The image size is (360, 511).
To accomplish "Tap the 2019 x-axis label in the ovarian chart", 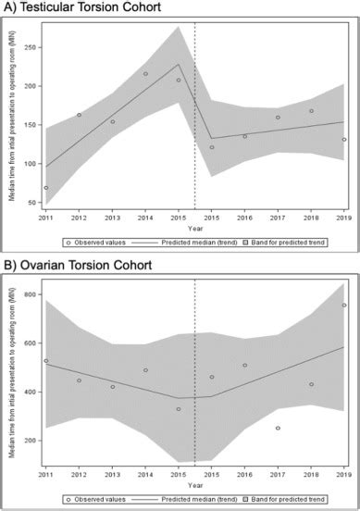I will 344,475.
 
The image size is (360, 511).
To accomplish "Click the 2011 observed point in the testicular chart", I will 45,188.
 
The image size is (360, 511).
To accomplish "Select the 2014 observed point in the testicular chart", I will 145,74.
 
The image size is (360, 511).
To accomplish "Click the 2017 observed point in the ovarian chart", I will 278,428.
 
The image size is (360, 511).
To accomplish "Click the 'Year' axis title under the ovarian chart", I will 195,485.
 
